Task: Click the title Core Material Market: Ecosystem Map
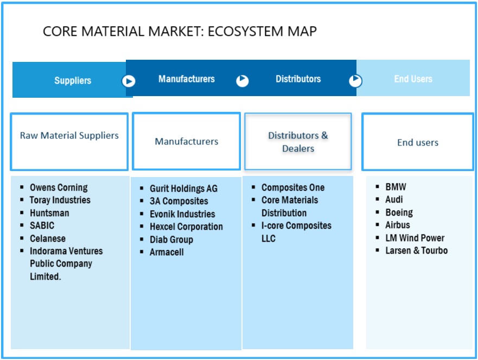coord(180,31)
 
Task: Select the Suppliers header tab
coord(73,80)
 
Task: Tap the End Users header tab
coord(413,79)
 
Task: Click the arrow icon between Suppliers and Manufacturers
coord(129,81)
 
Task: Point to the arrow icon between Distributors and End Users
coord(355,81)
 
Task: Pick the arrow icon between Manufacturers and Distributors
coord(243,81)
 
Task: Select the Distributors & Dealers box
coord(298,142)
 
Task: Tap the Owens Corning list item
coord(59,187)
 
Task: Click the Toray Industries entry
coord(60,200)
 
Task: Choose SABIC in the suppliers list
coord(42,225)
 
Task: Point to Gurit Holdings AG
coord(183,188)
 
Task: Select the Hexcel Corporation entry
coord(186,226)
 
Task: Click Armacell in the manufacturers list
coord(167,252)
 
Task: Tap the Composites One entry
coord(293,187)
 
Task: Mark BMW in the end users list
coord(396,187)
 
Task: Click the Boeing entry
coord(399,212)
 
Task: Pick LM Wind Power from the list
coord(415,238)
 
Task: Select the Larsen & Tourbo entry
coord(416,250)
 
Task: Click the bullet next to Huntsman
coord(22,213)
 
